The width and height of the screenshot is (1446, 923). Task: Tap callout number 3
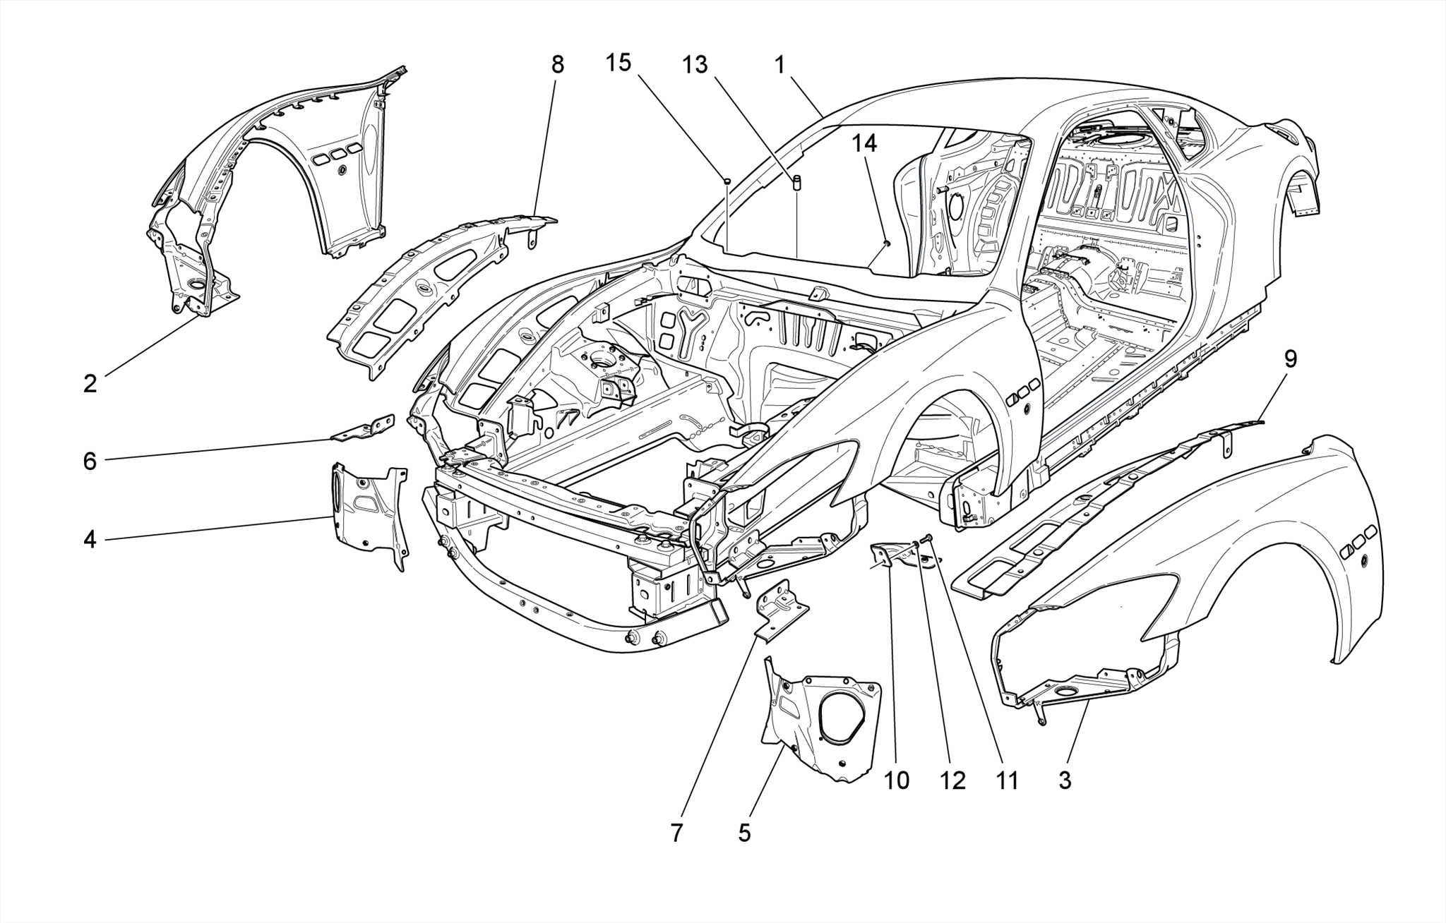[x=1064, y=780]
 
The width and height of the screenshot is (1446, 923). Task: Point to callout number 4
[x=90, y=540]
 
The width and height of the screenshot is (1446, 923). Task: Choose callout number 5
[x=744, y=833]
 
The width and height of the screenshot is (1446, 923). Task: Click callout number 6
[x=90, y=461]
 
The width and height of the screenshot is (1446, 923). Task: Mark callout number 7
[x=676, y=833]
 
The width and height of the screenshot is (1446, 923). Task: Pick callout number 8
[x=558, y=65]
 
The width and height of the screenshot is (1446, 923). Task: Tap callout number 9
[x=1290, y=359]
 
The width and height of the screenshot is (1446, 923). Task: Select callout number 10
[x=897, y=780]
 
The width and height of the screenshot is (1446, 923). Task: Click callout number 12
[x=952, y=780]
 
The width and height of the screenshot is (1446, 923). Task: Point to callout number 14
[x=864, y=143]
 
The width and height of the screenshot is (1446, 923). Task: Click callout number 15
[x=618, y=63]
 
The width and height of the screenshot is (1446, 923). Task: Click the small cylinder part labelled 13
[x=797, y=183]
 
